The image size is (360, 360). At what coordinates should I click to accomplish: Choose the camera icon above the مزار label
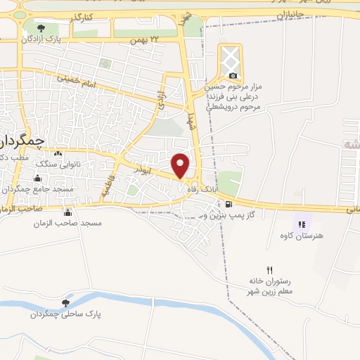(233, 76)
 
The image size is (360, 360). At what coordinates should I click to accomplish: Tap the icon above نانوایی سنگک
(58, 153)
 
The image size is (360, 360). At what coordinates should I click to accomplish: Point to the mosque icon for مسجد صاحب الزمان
(67, 212)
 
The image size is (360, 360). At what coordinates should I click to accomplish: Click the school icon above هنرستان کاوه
(302, 224)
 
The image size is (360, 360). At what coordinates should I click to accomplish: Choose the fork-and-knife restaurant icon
(269, 270)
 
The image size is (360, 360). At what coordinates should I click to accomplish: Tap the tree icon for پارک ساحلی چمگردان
(65, 303)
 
